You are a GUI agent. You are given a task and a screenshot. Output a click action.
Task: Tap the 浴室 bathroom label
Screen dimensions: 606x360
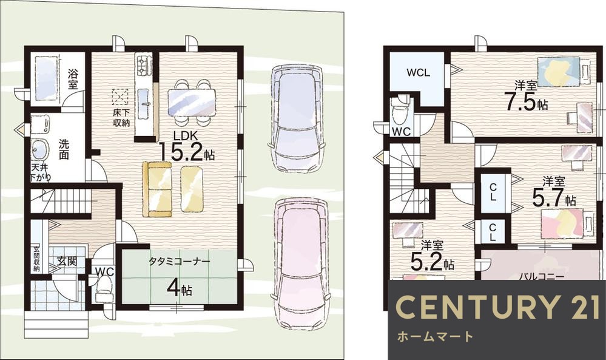(x=72, y=80)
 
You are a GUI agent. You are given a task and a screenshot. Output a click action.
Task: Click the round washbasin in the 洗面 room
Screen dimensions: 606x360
(x=39, y=149)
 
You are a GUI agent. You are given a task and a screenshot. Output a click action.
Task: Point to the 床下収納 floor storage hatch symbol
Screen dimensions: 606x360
(x=120, y=97)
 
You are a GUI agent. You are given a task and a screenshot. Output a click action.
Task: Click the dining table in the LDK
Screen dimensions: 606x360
(x=191, y=102)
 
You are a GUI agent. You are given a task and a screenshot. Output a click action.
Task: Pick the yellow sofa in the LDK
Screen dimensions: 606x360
(x=157, y=189)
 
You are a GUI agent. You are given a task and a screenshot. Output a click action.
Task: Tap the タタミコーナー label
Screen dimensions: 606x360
(x=180, y=262)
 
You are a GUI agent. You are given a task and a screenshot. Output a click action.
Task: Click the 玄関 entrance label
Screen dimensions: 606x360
(x=67, y=261)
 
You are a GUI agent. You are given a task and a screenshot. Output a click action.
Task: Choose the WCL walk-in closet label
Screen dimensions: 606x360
(x=418, y=72)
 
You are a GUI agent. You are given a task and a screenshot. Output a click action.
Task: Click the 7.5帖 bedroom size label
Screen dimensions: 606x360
(x=526, y=102)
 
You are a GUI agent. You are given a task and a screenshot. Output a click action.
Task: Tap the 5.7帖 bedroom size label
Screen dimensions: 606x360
(x=553, y=199)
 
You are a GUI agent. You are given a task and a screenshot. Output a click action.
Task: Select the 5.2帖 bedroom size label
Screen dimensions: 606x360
(x=432, y=263)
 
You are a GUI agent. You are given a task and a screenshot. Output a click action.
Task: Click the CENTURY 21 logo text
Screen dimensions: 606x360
(x=498, y=307)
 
